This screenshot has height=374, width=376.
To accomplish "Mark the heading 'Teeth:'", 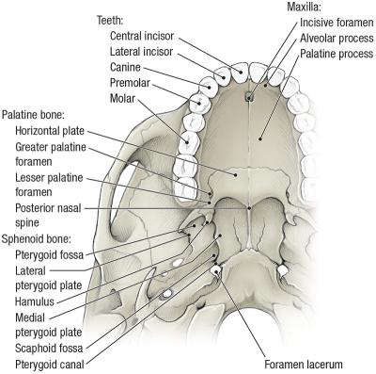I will click(x=112, y=19).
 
